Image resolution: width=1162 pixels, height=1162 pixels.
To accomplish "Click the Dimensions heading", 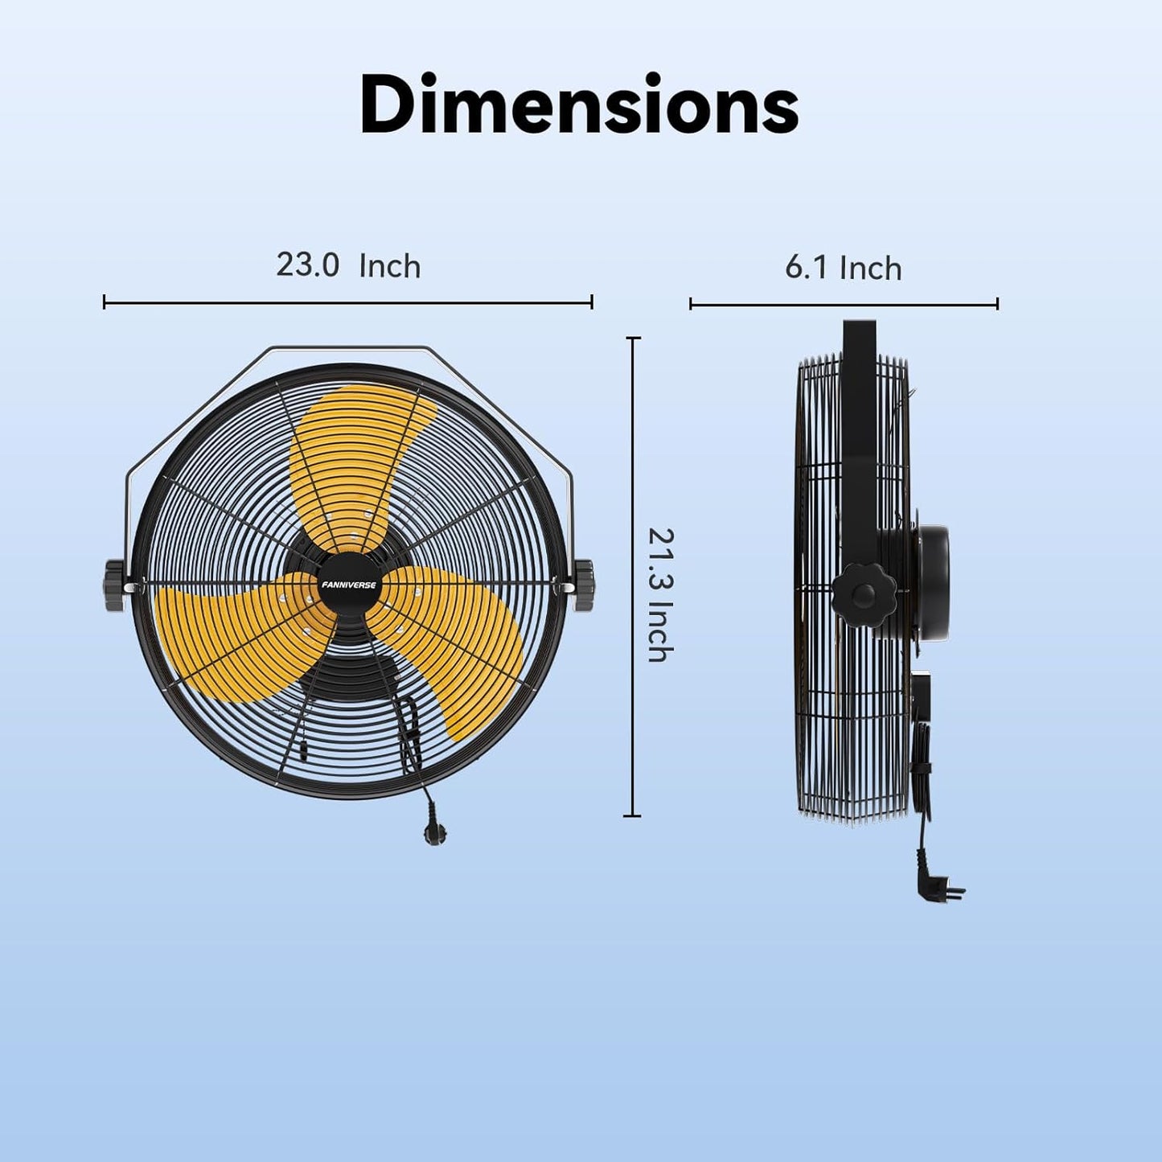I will tap(579, 105).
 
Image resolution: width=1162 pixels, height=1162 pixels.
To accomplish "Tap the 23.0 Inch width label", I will tap(348, 265).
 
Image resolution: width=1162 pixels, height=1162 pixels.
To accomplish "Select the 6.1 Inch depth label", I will tap(843, 268).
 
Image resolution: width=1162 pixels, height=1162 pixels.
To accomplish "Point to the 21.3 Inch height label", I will tap(659, 595).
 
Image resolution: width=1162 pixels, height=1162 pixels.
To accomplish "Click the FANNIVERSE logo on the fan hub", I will tap(348, 585).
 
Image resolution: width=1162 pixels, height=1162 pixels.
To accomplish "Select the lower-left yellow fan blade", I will tap(233, 635).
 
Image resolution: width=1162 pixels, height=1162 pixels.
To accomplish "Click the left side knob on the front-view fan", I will tap(115, 585).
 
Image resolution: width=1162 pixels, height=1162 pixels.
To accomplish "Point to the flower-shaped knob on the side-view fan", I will tap(864, 595).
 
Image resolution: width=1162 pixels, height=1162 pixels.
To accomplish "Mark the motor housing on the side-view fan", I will tap(925, 583).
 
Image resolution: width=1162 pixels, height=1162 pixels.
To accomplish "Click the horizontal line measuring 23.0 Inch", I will tap(348, 303).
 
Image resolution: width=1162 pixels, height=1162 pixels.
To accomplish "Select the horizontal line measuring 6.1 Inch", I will tap(843, 305).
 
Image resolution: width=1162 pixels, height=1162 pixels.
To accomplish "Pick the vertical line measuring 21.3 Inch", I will tap(634, 577).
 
